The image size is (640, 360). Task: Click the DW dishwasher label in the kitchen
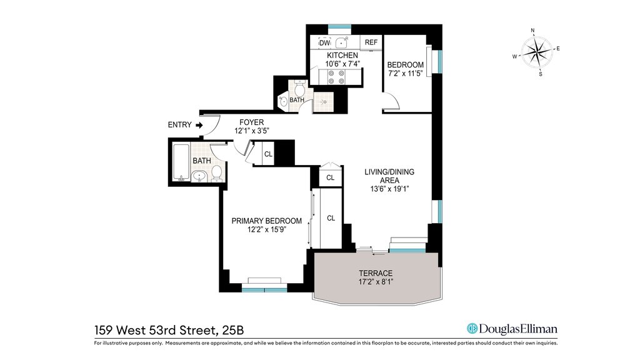[x=324, y=43]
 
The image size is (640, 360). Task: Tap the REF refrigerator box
[x=371, y=42]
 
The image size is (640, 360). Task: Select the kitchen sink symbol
[x=341, y=42]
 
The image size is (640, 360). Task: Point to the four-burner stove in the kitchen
[x=336, y=77]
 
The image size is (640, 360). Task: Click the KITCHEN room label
[x=342, y=55]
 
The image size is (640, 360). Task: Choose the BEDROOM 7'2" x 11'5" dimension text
[x=405, y=74]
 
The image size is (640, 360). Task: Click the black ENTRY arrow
[x=199, y=125]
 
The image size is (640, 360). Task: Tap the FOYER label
[x=251, y=122]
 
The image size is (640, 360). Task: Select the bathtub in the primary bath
[x=181, y=162]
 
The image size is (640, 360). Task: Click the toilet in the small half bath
[x=300, y=87]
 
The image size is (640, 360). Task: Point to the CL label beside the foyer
[x=268, y=154]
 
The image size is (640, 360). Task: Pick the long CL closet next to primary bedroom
[x=331, y=218]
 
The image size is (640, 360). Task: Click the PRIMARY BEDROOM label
[x=266, y=221]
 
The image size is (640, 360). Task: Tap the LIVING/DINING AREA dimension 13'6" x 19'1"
[x=389, y=189]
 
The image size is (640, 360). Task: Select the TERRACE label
[x=376, y=273]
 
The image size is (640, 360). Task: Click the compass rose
[x=536, y=52]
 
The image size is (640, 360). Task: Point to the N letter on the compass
[x=532, y=30]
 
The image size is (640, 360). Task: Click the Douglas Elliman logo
[x=512, y=329]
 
